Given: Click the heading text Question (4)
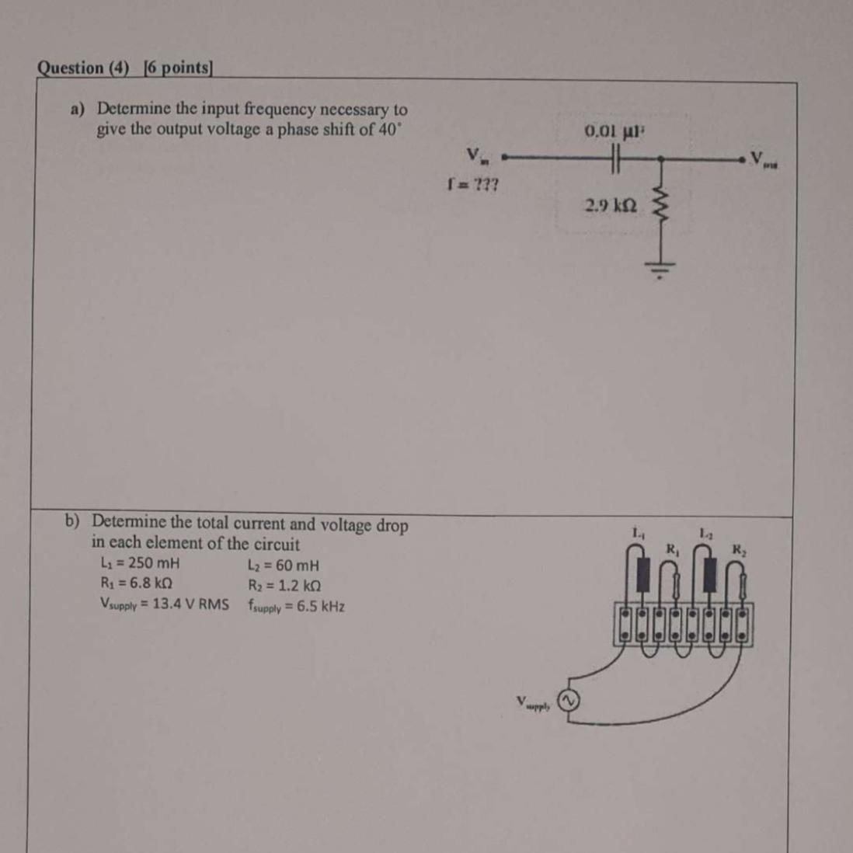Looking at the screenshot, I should pyautogui.click(x=83, y=68).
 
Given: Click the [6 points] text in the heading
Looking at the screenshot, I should pyautogui.click(x=177, y=68).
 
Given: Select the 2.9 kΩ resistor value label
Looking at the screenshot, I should pyautogui.click(x=611, y=206).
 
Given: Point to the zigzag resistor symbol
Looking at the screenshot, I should pyautogui.click(x=662, y=207).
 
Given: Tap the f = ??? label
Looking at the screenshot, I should pyautogui.click(x=473, y=185).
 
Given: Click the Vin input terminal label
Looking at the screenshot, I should pyautogui.click(x=474, y=155).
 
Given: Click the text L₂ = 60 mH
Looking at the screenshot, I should pyautogui.click(x=283, y=566).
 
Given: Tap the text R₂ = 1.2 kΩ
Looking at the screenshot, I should pyautogui.click(x=284, y=586).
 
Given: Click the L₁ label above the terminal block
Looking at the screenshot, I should pyautogui.click(x=638, y=533).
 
